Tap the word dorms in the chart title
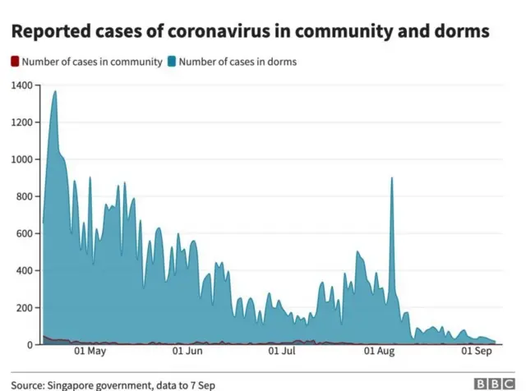[x=461, y=31]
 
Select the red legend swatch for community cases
[x=14, y=62]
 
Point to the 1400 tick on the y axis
[x=22, y=85]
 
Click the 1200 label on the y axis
[x=22, y=122]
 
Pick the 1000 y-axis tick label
[x=22, y=159]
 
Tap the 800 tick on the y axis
[x=25, y=196]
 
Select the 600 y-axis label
[x=25, y=234]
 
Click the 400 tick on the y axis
[x=25, y=271]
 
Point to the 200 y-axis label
[x=25, y=308]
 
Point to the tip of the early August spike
[x=392, y=178]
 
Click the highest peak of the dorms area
[x=55, y=91]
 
